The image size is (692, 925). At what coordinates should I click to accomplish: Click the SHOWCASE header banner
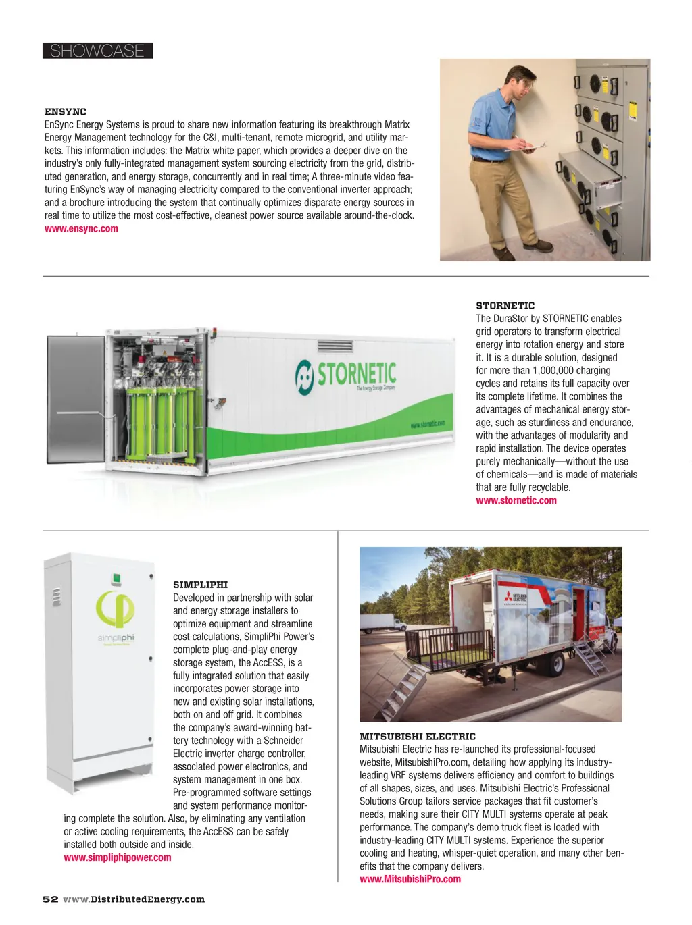(x=97, y=51)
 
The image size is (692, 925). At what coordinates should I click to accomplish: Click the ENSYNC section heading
(x=66, y=111)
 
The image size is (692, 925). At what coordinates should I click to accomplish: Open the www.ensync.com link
(x=81, y=228)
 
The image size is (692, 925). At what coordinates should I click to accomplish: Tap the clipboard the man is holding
(x=531, y=146)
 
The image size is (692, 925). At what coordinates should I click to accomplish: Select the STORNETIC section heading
(x=505, y=306)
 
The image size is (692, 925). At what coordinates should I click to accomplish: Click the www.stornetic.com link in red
(x=516, y=500)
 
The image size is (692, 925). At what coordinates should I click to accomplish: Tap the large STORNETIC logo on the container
(x=346, y=374)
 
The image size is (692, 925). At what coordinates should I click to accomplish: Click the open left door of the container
(x=75, y=398)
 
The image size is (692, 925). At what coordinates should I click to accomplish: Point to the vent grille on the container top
(x=335, y=346)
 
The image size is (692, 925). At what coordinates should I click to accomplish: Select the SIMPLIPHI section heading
(x=200, y=585)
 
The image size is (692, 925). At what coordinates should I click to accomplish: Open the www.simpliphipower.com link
(x=118, y=857)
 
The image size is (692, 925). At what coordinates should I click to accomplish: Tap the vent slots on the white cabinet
(x=57, y=596)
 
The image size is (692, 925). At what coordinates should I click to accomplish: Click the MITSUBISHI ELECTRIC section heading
(x=418, y=737)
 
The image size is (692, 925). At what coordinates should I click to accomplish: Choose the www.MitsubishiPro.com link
(x=410, y=879)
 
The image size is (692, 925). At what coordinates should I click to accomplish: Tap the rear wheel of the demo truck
(x=553, y=664)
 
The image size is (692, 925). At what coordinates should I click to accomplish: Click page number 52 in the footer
(x=50, y=899)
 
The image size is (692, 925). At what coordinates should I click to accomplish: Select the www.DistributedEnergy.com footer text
(x=134, y=899)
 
